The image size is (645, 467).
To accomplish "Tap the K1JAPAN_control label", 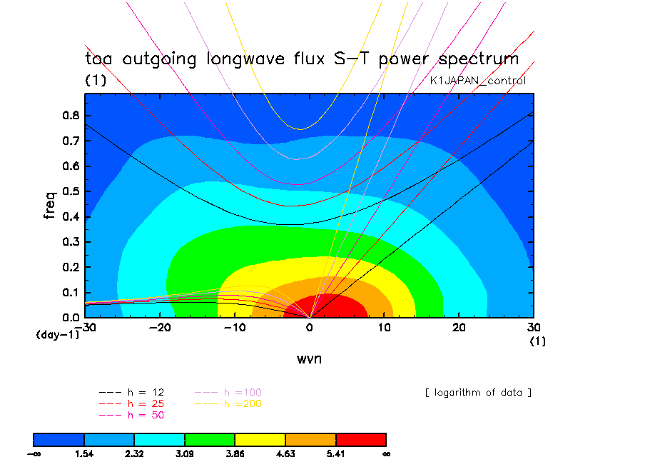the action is [x=477, y=81].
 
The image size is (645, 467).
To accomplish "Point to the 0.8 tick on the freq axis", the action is [x=71, y=115].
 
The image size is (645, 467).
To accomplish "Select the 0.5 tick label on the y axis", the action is [x=71, y=191].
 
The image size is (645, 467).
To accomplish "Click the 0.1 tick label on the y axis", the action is [x=71, y=293].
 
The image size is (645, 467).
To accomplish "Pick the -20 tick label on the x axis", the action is [x=160, y=328].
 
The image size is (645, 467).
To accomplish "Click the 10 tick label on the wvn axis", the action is [x=384, y=328].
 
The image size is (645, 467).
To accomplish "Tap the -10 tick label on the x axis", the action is [x=235, y=328].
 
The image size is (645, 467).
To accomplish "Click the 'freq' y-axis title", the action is [x=49, y=205].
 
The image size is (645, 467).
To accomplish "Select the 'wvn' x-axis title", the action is [x=310, y=359].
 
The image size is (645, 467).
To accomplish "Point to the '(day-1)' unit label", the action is [x=58, y=335].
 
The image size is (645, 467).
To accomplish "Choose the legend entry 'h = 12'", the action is [x=131, y=393].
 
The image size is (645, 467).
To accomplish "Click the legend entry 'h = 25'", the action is [x=131, y=404].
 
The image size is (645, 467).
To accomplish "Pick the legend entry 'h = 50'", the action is [x=131, y=415].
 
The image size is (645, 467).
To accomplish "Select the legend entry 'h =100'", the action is [x=228, y=393].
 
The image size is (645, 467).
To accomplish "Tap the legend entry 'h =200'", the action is [x=228, y=404].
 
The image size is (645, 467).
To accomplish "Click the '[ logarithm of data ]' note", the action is [x=479, y=393].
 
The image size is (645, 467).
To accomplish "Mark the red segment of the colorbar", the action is [x=361, y=440].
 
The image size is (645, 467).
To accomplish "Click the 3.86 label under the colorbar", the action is [x=235, y=454].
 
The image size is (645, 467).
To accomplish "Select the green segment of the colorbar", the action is [x=210, y=440].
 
